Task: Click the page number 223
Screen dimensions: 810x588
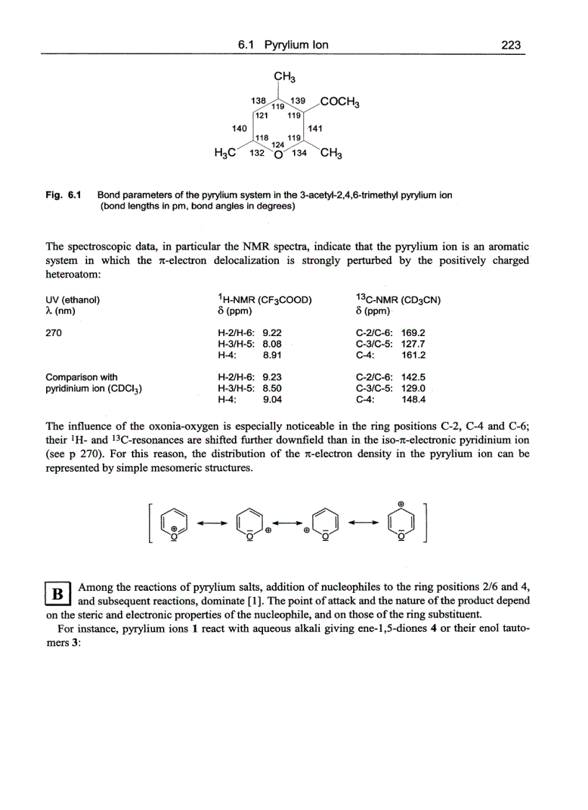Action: click(511, 45)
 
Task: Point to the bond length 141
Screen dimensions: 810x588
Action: click(316, 128)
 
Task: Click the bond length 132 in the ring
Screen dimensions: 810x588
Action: click(256, 152)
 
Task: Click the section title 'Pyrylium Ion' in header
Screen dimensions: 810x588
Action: click(296, 45)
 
